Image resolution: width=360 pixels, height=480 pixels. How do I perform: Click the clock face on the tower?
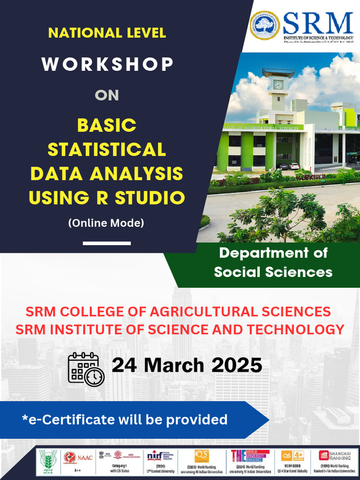click(x=278, y=85)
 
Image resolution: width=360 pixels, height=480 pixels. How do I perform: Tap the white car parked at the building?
click(x=294, y=166)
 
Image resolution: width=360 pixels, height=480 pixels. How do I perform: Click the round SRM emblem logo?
click(x=265, y=25)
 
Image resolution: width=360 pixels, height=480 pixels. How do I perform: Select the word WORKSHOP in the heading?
click(x=107, y=64)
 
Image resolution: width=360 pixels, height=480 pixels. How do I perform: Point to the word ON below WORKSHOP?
click(x=107, y=95)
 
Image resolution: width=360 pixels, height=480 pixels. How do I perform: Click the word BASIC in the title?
click(x=107, y=125)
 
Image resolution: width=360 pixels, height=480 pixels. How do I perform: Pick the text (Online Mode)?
click(x=106, y=223)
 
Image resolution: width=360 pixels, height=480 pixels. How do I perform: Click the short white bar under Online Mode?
click(x=107, y=243)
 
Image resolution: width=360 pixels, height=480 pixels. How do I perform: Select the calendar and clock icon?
click(x=86, y=369)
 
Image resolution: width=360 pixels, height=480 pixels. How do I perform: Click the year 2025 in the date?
click(x=236, y=365)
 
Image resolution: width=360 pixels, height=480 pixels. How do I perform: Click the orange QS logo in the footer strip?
click(x=202, y=455)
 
